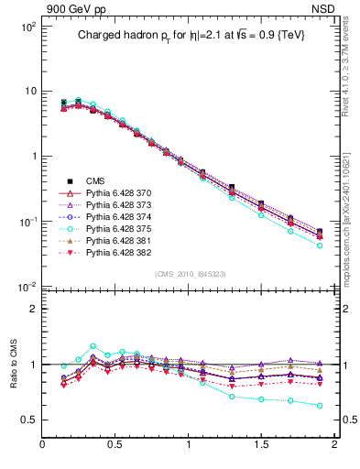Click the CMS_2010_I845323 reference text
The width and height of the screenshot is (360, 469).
188,273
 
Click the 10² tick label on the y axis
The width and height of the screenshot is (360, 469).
27,27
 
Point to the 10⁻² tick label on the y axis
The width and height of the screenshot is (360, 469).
27,287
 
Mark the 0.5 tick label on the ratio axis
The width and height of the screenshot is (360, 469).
27,420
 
